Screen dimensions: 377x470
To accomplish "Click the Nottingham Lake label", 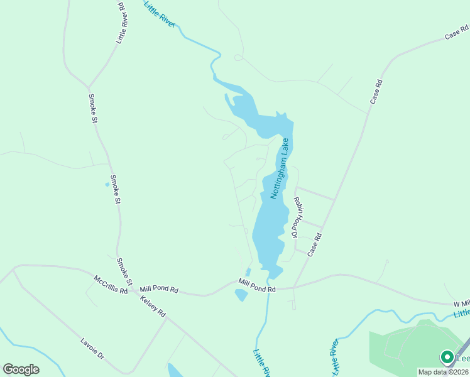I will (x=280, y=168).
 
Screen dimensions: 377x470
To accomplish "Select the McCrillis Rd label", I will (x=111, y=284).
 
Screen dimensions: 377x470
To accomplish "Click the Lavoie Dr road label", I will (x=92, y=349).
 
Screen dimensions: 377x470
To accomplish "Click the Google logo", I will (x=21, y=369).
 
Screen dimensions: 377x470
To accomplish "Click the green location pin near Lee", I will (x=447, y=357).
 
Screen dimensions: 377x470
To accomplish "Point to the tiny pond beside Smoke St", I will (x=107, y=185).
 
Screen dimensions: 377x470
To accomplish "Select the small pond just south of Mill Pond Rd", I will (x=241, y=295).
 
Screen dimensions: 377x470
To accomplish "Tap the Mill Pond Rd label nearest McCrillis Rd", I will (x=160, y=290).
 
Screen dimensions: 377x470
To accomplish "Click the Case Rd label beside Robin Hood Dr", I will (x=314, y=245).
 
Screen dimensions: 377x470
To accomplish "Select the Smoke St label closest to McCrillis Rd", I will (x=124, y=271).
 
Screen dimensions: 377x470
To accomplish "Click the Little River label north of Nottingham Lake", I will (x=160, y=13).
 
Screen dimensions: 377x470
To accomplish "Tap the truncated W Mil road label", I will (x=461, y=304).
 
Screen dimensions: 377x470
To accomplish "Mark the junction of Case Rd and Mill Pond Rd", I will (x=294, y=288).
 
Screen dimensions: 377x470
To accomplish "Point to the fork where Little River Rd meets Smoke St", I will (x=89, y=87).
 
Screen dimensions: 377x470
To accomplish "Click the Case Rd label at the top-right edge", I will (x=456, y=32).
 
